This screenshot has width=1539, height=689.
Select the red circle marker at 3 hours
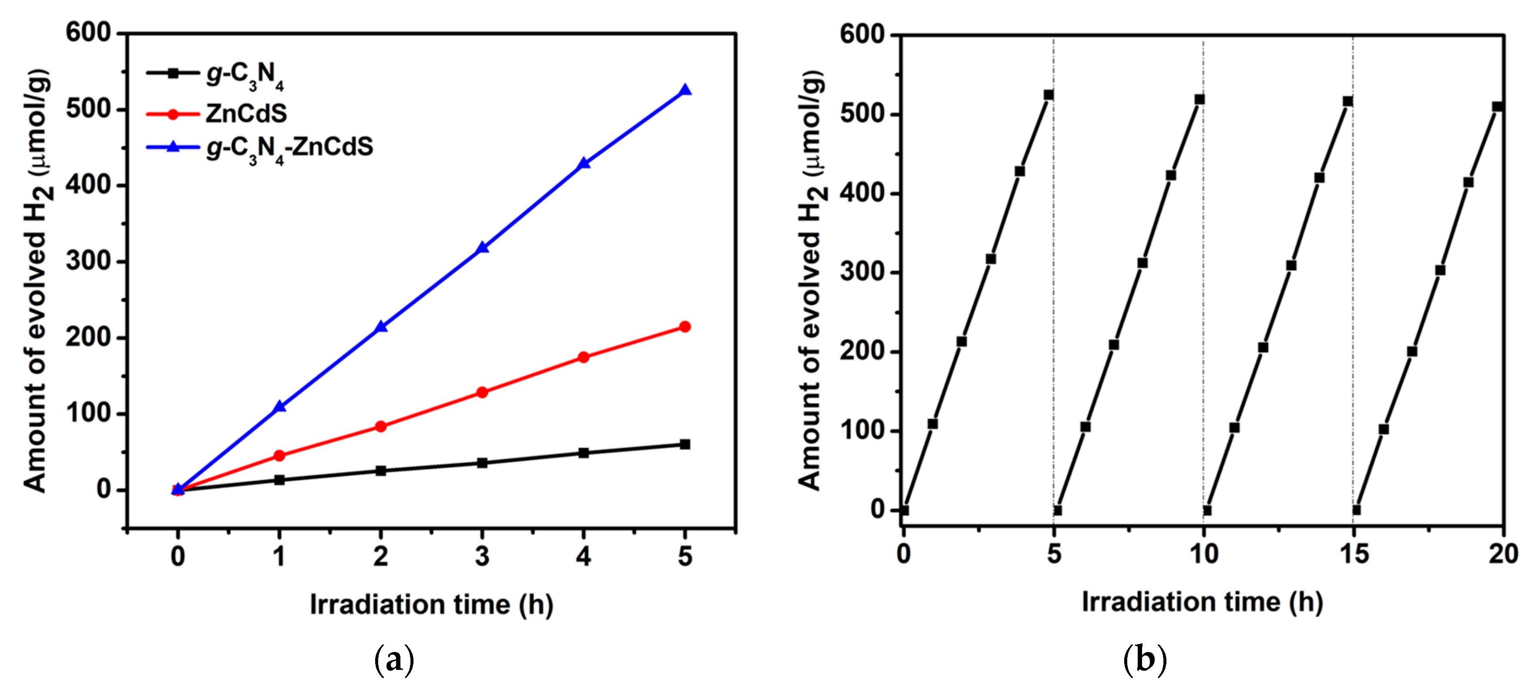pos(482,392)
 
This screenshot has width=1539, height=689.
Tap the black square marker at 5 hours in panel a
pos(685,444)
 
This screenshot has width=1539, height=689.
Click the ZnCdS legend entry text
pos(246,114)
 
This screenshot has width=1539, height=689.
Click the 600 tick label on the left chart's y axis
pos(88,33)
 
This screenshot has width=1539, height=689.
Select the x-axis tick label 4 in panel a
pos(583,556)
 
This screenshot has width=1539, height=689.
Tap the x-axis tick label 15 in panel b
pos(1354,555)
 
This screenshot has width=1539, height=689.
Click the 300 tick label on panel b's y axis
pos(861,272)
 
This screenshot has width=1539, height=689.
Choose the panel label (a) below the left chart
pos(394,660)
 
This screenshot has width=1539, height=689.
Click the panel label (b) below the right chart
pos(1145,660)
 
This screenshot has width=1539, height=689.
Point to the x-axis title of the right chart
pos(1202,602)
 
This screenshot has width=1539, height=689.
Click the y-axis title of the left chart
pos(37,281)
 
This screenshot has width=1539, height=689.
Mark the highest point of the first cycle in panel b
pos(1048,95)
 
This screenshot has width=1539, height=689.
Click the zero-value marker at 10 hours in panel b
pos(1207,511)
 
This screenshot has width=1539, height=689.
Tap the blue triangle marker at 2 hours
pos(380,327)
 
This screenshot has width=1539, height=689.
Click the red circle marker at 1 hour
pos(279,455)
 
